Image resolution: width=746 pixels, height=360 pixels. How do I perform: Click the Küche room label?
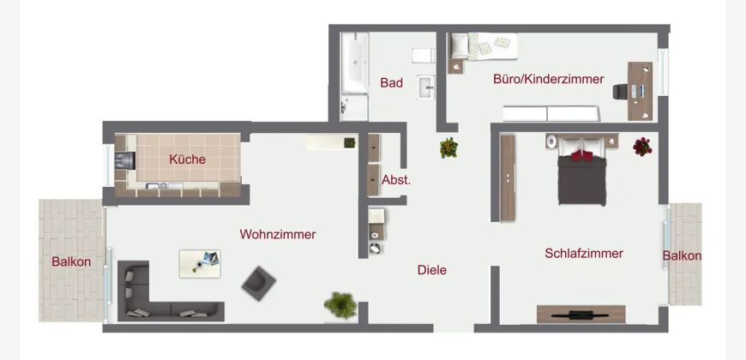[188, 159]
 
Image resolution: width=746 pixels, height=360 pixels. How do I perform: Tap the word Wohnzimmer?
[278, 235]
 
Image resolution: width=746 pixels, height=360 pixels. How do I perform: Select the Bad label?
[392, 83]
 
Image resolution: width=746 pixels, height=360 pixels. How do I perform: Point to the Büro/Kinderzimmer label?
[549, 79]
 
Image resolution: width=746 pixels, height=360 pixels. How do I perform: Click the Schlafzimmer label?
[584, 254]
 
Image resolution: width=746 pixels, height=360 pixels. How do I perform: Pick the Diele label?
[432, 270]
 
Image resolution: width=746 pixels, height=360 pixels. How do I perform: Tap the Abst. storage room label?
[396, 180]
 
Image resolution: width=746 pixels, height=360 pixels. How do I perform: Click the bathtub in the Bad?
[355, 63]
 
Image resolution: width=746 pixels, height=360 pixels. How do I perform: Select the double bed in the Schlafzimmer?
[582, 171]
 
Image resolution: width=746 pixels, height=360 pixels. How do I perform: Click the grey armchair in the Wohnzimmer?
[258, 284]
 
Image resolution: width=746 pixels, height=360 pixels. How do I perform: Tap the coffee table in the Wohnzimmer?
[200, 264]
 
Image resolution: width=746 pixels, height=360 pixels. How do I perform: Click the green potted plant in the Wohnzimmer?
[340, 305]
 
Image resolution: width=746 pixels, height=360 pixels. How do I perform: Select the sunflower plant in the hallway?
[448, 147]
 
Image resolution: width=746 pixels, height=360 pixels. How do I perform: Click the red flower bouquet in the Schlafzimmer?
[642, 147]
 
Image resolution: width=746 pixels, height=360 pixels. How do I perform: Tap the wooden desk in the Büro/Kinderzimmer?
[640, 92]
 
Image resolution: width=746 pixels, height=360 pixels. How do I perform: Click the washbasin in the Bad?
[426, 87]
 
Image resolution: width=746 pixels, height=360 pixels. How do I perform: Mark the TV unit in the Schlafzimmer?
[581, 315]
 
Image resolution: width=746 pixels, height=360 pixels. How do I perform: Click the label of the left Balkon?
[71, 261]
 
